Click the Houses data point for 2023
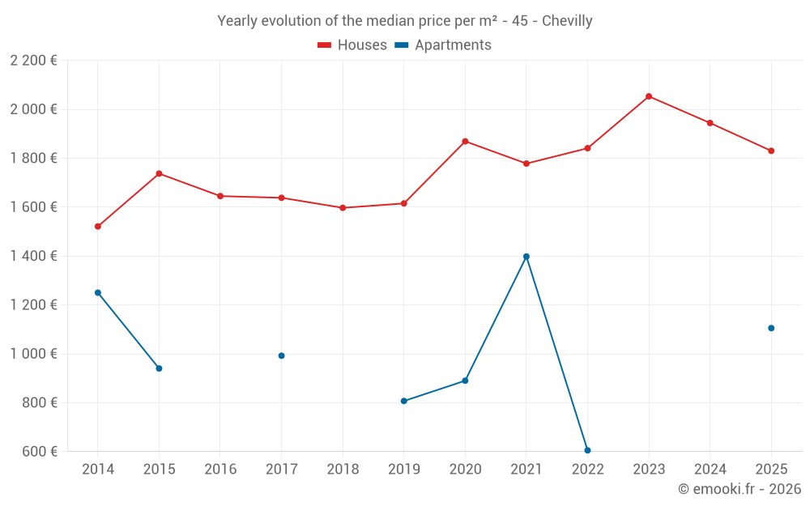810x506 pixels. pos(649,96)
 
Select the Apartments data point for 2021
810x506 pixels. pos(526,257)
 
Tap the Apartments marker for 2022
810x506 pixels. pos(587,450)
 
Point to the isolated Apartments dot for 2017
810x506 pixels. pos(281,355)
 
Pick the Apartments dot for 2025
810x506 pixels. pos(771,328)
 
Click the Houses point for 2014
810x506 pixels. pos(98,227)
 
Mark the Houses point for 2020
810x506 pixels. pos(465,142)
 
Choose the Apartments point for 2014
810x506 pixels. pos(98,292)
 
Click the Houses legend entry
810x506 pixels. pos(352,45)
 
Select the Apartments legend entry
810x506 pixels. pos(443,45)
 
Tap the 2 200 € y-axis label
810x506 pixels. pos(33,61)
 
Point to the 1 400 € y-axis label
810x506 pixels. pos(33,256)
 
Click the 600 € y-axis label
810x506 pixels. pos(38,451)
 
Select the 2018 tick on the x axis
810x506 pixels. pos(343,469)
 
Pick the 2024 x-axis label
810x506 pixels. pos(710,469)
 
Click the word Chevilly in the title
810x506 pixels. pos(567,21)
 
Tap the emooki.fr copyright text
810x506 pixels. pos(739,489)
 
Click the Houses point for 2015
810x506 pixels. pos(159,173)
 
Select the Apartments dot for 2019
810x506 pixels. pos(403,401)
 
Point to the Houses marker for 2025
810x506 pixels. pos(771,151)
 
